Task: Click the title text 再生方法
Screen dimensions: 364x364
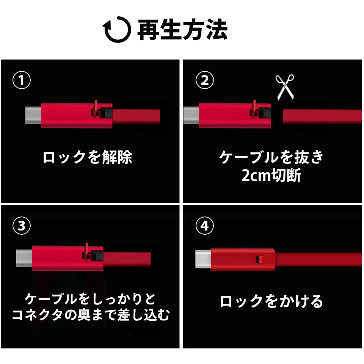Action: point(182,30)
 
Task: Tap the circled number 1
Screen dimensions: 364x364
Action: point(22,80)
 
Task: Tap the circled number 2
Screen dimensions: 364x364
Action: point(204,80)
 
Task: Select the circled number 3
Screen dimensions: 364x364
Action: point(22,225)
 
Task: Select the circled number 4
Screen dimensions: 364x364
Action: point(204,225)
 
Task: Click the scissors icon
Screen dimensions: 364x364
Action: point(285,87)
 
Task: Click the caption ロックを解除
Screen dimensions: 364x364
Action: point(88,157)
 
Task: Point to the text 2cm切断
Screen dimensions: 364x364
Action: point(271,175)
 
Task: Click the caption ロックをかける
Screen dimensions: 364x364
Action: point(271,301)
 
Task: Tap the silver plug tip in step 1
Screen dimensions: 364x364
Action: point(33,115)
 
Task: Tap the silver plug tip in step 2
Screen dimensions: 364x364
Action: point(191,115)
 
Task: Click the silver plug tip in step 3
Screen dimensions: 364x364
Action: point(24,258)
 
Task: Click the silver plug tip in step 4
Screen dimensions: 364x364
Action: point(203,259)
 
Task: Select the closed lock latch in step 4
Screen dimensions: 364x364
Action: point(264,259)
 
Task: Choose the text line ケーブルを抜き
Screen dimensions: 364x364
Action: point(271,157)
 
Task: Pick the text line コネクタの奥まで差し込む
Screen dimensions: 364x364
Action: point(91,315)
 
